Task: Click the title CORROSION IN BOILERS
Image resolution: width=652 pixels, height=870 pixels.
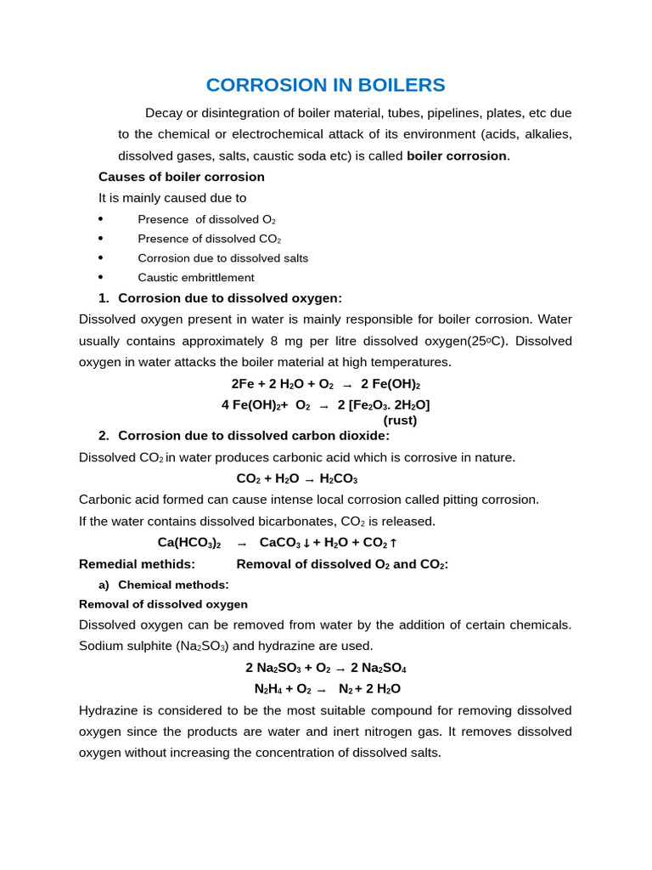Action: (x=325, y=85)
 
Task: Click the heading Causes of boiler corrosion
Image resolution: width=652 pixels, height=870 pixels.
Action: (x=181, y=177)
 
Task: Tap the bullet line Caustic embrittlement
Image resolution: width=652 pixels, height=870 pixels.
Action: (x=195, y=278)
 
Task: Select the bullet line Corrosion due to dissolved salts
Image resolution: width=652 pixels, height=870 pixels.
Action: (x=222, y=258)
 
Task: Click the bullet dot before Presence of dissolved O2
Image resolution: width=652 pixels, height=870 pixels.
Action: (x=101, y=219)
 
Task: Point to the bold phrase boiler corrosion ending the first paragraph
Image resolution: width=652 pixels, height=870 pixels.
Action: (x=457, y=155)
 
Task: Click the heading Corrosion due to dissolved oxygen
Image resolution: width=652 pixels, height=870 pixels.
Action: (x=229, y=298)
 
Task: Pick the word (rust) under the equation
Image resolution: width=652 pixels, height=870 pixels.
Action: (x=400, y=420)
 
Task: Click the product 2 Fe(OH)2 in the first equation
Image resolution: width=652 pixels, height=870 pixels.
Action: (x=391, y=384)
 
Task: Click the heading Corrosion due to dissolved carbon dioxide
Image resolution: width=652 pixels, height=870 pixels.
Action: (x=253, y=436)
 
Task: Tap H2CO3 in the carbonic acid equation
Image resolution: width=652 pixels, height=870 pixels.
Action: (x=338, y=478)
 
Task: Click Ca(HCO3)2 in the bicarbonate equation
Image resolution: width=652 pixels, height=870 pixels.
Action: (x=189, y=542)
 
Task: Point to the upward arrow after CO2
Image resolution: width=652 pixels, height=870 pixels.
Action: (x=393, y=543)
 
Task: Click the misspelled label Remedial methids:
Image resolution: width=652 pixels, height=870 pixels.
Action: (x=137, y=564)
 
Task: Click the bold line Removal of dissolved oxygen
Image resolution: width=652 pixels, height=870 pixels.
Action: (x=163, y=604)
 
